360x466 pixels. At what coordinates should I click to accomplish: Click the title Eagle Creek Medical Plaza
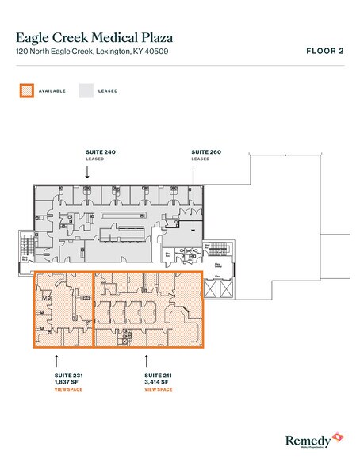click(x=94, y=36)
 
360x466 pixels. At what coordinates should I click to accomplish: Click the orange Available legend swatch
click(x=25, y=90)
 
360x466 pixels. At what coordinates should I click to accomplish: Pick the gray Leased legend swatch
click(x=86, y=90)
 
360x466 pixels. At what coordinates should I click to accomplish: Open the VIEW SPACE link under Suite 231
click(x=56, y=391)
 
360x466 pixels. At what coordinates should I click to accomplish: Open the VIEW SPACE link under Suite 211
click(x=158, y=391)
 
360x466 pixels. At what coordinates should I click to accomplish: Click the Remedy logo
click(x=311, y=440)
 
